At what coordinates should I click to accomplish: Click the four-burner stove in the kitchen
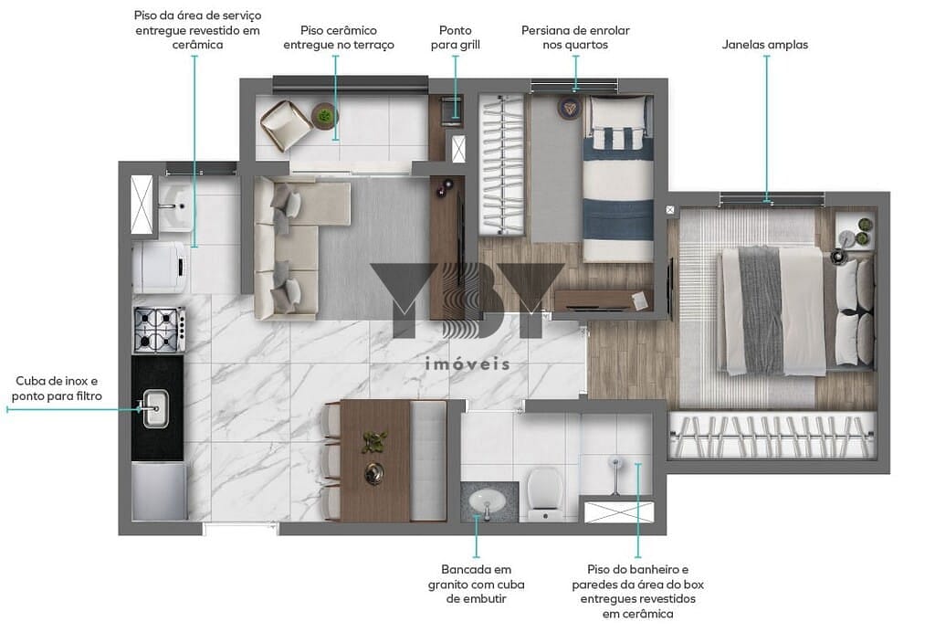tap(159, 330)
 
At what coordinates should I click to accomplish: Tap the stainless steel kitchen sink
tap(154, 408)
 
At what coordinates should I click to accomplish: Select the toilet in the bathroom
tap(544, 493)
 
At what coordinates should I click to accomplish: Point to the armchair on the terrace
tap(285, 124)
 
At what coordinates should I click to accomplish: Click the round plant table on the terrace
tap(324, 115)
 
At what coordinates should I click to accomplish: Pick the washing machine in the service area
tap(161, 267)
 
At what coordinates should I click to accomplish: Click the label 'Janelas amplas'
tap(765, 45)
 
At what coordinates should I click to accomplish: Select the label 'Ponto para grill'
tap(456, 37)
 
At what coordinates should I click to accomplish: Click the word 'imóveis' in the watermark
tap(467, 363)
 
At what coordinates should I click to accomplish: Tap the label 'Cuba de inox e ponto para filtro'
tap(57, 388)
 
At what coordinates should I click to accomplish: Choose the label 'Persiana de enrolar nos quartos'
tap(575, 37)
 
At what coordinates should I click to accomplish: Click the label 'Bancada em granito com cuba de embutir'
tap(477, 585)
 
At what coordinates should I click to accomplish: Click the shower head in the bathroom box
tap(615, 462)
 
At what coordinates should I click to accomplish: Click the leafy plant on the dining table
tap(373, 442)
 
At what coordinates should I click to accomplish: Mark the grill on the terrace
tap(450, 111)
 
